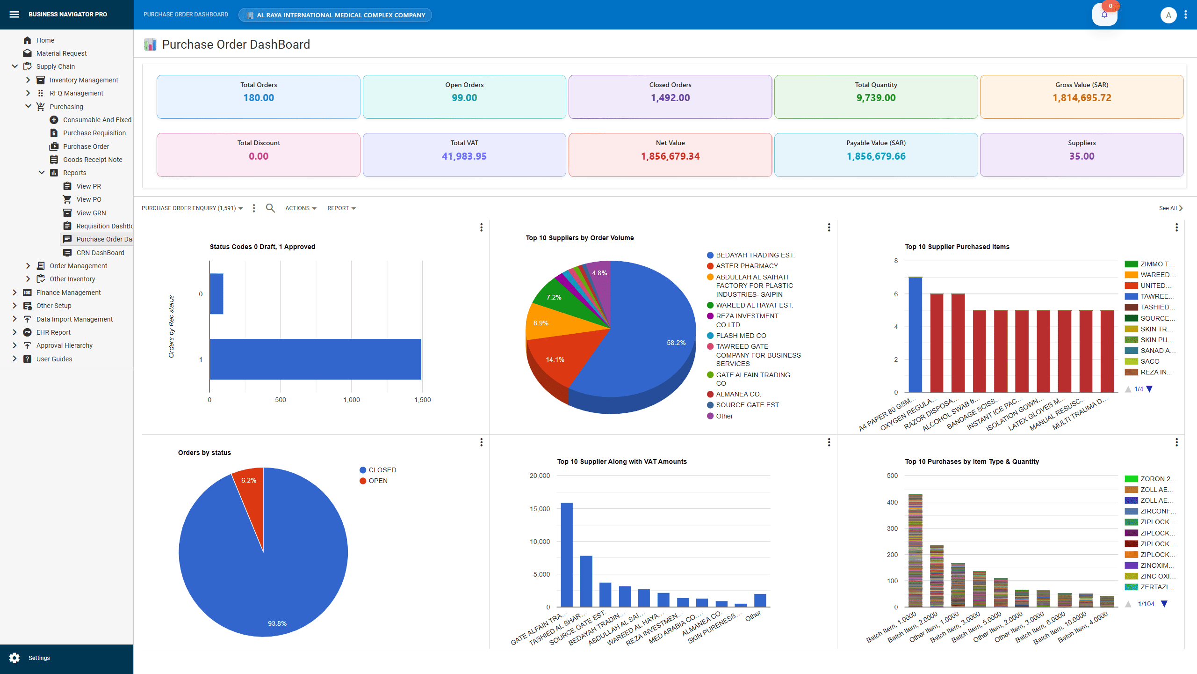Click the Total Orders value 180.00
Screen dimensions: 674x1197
(259, 98)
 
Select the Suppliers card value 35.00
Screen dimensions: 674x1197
(1082, 156)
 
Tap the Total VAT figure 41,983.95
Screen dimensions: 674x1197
(464, 156)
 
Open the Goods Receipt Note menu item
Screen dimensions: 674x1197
(93, 160)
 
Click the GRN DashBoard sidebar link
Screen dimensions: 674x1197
(100, 253)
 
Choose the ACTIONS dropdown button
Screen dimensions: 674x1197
(301, 208)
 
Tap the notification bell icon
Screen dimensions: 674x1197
(1104, 15)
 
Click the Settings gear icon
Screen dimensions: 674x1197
(14, 658)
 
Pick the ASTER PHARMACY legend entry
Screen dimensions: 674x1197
(747, 266)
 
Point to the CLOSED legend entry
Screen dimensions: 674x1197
(382, 470)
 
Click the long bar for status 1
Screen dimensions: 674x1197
(315, 359)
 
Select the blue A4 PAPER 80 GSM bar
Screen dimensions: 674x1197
(915, 335)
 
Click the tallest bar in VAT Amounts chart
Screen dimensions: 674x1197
(566, 555)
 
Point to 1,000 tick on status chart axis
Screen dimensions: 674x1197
(351, 400)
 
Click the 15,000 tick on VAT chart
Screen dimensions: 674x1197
(540, 509)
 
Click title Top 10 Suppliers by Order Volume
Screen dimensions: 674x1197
(579, 238)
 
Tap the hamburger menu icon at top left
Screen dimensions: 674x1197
(14, 15)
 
